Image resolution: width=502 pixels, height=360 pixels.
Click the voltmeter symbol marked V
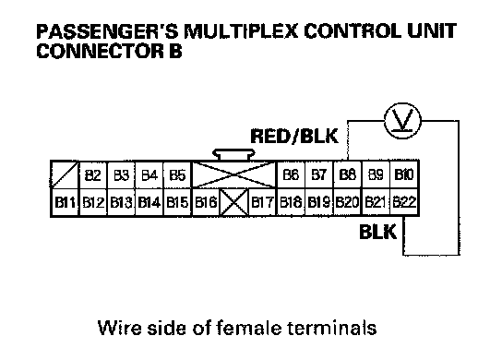pos(402,121)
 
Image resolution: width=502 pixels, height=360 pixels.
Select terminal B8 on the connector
pos(347,174)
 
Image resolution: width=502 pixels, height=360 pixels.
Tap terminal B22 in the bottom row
pos(404,202)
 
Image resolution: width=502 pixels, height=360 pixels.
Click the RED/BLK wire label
pos(294,136)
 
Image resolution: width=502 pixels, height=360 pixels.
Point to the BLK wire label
pos(377,232)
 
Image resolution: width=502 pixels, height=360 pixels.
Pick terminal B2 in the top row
pos(93,174)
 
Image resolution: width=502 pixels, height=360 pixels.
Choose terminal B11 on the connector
pos(65,202)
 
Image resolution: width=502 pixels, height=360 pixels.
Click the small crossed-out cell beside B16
pos(234,202)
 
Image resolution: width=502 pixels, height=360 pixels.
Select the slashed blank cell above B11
pos(65,174)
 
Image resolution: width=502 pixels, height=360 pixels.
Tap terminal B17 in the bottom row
pos(262,202)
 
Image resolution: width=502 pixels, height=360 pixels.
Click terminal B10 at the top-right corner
pos(404,174)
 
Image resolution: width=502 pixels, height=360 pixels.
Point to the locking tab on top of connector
pos(233,154)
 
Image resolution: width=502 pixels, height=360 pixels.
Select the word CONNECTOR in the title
pos(100,51)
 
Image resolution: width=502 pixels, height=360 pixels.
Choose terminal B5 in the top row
pos(177,174)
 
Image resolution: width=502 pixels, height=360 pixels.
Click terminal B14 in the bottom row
pos(149,202)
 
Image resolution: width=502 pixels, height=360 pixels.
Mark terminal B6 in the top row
pos(291,174)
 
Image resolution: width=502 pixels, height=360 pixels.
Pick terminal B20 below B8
pos(347,202)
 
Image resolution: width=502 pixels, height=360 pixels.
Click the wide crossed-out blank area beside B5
pos(233,174)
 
